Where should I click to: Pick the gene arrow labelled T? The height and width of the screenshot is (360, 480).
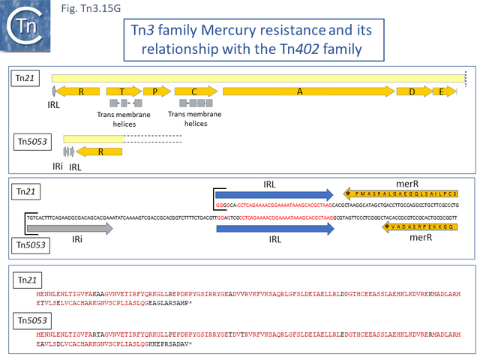click(x=123, y=91)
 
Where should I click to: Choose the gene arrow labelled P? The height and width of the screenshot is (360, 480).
click(x=157, y=91)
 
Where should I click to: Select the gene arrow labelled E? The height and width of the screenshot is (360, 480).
click(x=445, y=91)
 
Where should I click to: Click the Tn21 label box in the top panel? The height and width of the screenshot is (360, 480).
click(x=28, y=78)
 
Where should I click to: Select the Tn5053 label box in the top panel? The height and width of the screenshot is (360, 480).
click(x=34, y=139)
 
